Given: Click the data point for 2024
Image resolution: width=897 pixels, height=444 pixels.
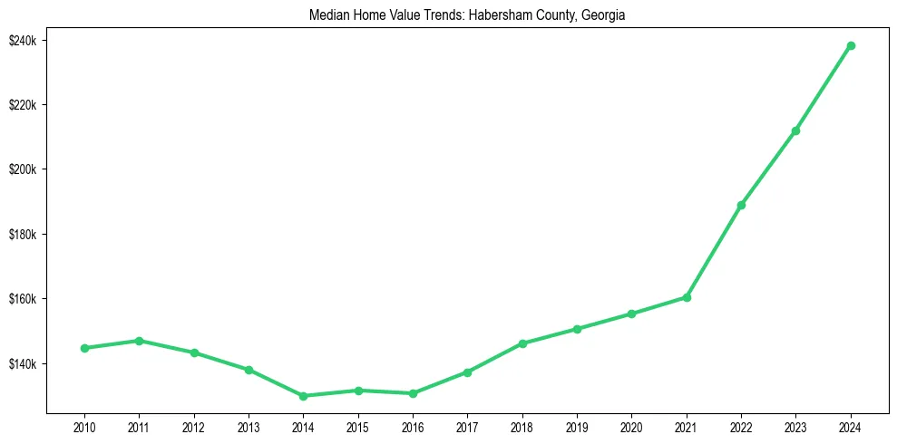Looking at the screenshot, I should tap(851, 45).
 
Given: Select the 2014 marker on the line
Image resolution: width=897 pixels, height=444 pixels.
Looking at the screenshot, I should tap(303, 396).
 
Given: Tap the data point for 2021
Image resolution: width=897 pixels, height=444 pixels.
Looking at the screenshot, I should tap(687, 297).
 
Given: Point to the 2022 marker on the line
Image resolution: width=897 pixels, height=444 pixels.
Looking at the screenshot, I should tap(741, 205).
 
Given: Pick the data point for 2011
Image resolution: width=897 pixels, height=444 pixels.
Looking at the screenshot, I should tap(139, 341).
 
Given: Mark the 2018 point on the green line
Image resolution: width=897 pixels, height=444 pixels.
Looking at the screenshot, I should tap(522, 343).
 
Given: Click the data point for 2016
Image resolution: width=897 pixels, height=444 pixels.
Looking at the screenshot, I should tap(413, 393).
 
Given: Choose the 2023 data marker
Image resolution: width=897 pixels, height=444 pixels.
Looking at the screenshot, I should tap(795, 130).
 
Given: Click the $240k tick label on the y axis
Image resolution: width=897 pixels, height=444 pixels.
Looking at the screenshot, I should tap(21, 41).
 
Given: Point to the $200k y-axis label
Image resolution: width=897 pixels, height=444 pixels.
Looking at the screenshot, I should tap(21, 169).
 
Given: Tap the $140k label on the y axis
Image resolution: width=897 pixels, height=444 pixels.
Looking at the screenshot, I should tap(21, 364).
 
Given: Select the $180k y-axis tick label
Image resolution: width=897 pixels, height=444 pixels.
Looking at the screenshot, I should tap(21, 235).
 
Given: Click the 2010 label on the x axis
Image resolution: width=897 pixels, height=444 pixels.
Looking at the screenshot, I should tap(84, 426).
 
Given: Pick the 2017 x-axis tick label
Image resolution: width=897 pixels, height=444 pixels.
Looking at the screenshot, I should tap(467, 426).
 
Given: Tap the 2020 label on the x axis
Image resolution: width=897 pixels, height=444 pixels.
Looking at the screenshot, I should tap(631, 426).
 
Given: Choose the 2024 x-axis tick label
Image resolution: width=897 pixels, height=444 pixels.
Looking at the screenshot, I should tap(851, 426).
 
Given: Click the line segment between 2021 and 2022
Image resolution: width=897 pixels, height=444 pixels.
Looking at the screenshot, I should tap(714, 251).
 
